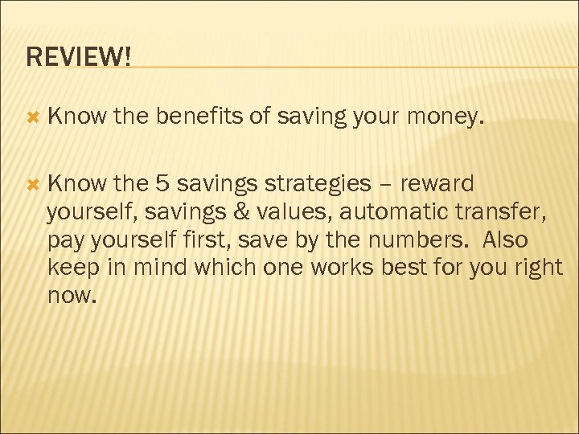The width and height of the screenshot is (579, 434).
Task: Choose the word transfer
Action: click(508, 212)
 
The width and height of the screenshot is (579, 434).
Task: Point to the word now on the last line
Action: click(70, 297)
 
